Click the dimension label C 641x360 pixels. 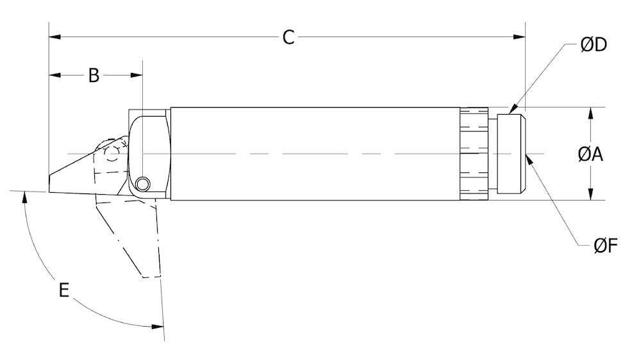288,37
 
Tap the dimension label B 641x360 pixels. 94,76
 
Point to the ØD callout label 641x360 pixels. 594,45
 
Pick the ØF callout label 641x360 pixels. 605,245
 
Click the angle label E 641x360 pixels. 63,290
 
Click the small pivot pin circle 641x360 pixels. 142,184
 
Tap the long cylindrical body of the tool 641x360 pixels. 314,154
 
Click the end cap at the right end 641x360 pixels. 512,154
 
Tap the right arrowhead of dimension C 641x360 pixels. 521,37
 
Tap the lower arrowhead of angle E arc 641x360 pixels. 158,327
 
